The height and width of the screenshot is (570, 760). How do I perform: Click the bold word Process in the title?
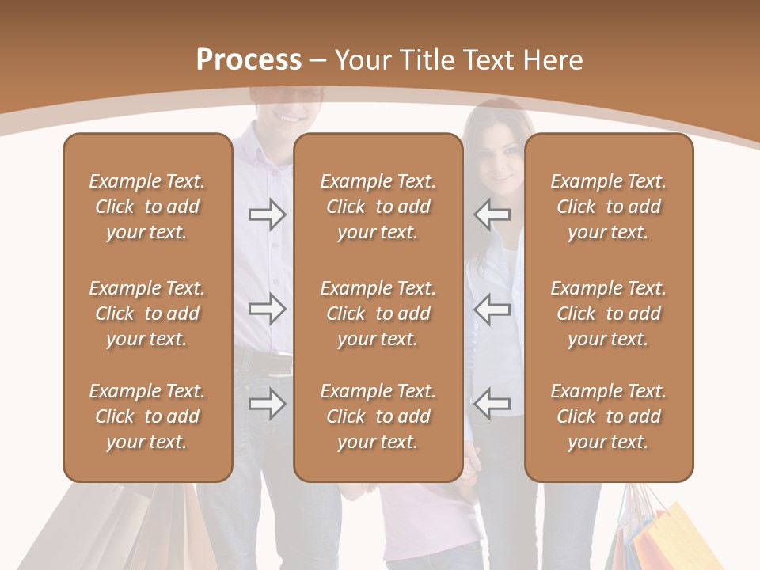(x=249, y=60)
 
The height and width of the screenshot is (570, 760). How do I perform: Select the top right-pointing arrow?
(x=268, y=214)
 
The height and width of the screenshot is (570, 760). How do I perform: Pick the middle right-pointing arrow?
(x=268, y=309)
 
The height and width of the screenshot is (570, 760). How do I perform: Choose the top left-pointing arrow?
(x=492, y=214)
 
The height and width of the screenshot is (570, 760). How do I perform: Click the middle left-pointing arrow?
(x=492, y=309)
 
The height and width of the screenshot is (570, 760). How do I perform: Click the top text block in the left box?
(x=147, y=207)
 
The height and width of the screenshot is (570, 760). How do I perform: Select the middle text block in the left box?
(x=147, y=313)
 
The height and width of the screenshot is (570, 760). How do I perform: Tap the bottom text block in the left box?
(x=147, y=416)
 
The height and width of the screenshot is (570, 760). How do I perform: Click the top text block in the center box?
(x=378, y=207)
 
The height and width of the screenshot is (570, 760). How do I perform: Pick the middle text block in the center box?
(x=378, y=313)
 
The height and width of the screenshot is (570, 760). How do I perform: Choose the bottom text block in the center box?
(x=378, y=416)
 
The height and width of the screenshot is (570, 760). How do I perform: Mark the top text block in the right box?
(x=609, y=207)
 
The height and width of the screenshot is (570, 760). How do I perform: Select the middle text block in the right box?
(x=609, y=313)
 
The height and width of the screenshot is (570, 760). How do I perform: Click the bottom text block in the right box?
(x=609, y=416)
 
